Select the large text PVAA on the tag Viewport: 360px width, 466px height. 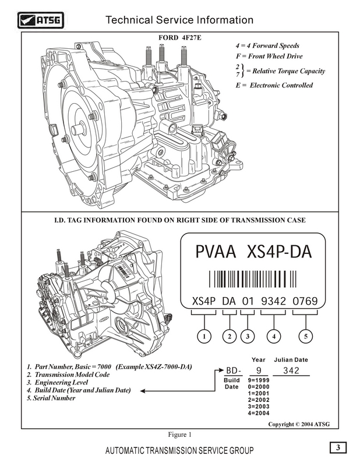tap(216, 253)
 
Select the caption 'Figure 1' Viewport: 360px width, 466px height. tap(180, 434)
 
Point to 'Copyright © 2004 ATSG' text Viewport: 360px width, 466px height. tap(299, 424)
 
